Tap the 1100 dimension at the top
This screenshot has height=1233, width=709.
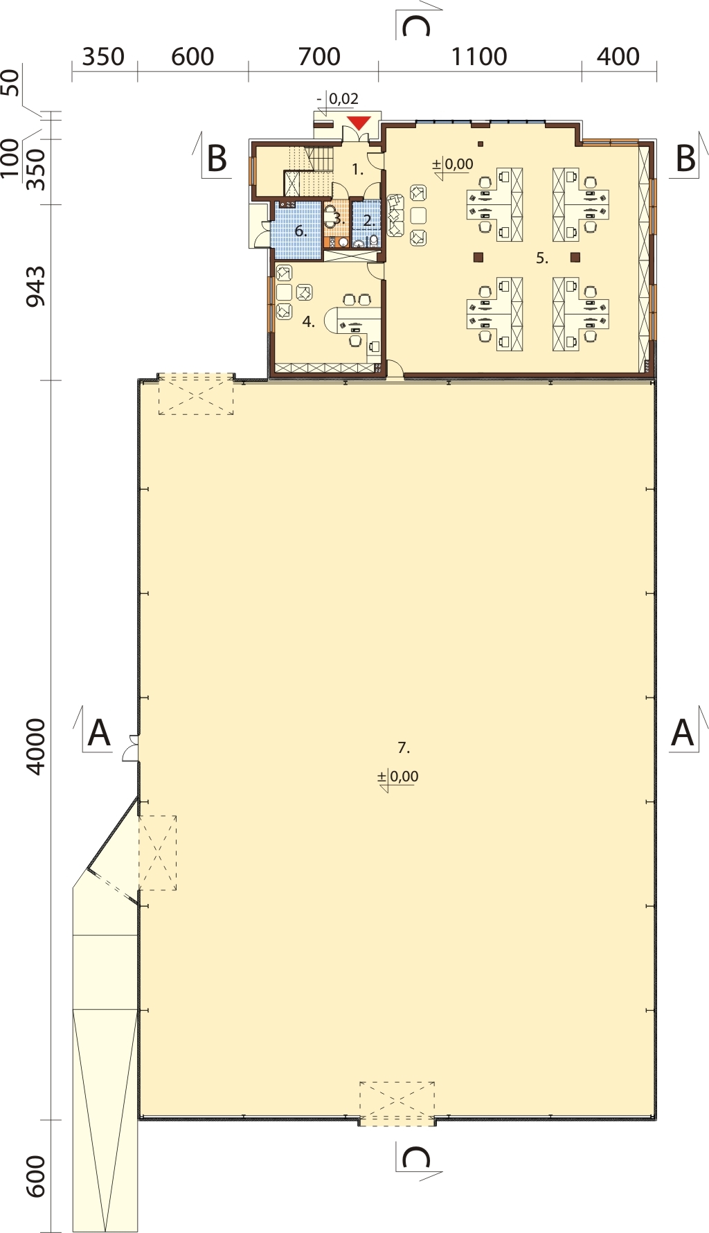click(x=479, y=57)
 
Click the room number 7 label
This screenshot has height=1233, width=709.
click(x=404, y=747)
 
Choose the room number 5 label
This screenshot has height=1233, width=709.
click(x=542, y=258)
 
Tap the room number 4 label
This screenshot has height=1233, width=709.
click(x=309, y=321)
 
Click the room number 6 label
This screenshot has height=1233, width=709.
click(x=300, y=231)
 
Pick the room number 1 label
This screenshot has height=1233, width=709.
click(x=358, y=169)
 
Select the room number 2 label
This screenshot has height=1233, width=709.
click(x=368, y=222)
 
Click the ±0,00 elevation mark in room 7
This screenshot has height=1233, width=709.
click(x=398, y=777)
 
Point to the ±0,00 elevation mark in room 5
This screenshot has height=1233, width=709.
click(x=453, y=165)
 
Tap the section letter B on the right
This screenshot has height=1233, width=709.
click(x=685, y=159)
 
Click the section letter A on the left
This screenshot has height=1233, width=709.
click(x=99, y=732)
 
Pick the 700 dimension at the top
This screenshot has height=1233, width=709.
click(x=319, y=57)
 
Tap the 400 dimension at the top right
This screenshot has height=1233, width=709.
click(x=618, y=57)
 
